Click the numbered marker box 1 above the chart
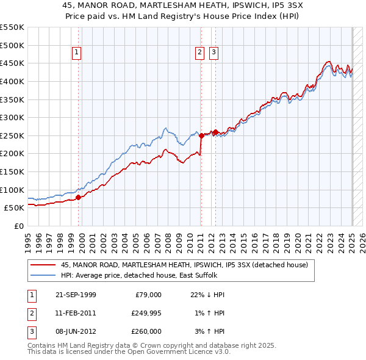tap(77, 53)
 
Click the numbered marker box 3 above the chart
tap(214, 53)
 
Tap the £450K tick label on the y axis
tap(12, 63)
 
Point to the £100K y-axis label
tap(12, 190)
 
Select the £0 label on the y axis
tap(20, 226)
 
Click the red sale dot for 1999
tap(78, 197)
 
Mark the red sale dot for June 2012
tap(215, 132)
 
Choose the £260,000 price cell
tap(146, 331)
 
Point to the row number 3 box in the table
tap(31, 331)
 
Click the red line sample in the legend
tap(43, 265)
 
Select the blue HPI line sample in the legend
tap(43, 275)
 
